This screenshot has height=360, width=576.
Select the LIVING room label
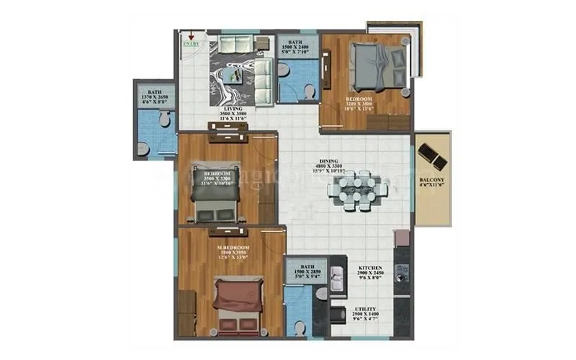232,109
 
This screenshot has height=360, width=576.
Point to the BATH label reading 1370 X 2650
155,93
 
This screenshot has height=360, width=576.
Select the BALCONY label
432,182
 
